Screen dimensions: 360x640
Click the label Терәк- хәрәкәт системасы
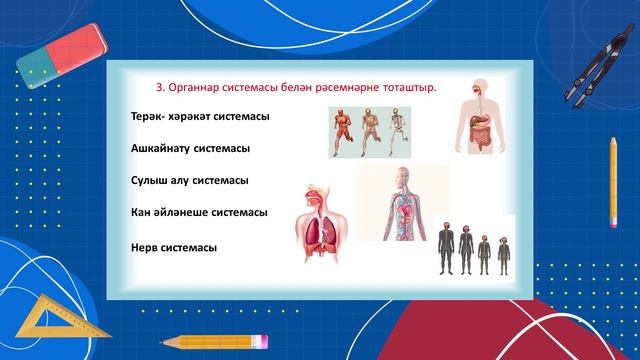click(x=200, y=117)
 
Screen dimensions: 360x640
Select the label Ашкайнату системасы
click(x=189, y=148)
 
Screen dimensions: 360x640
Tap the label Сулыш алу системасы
click(x=189, y=180)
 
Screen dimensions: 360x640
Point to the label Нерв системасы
click(x=174, y=247)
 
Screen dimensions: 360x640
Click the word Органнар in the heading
click(x=197, y=86)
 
